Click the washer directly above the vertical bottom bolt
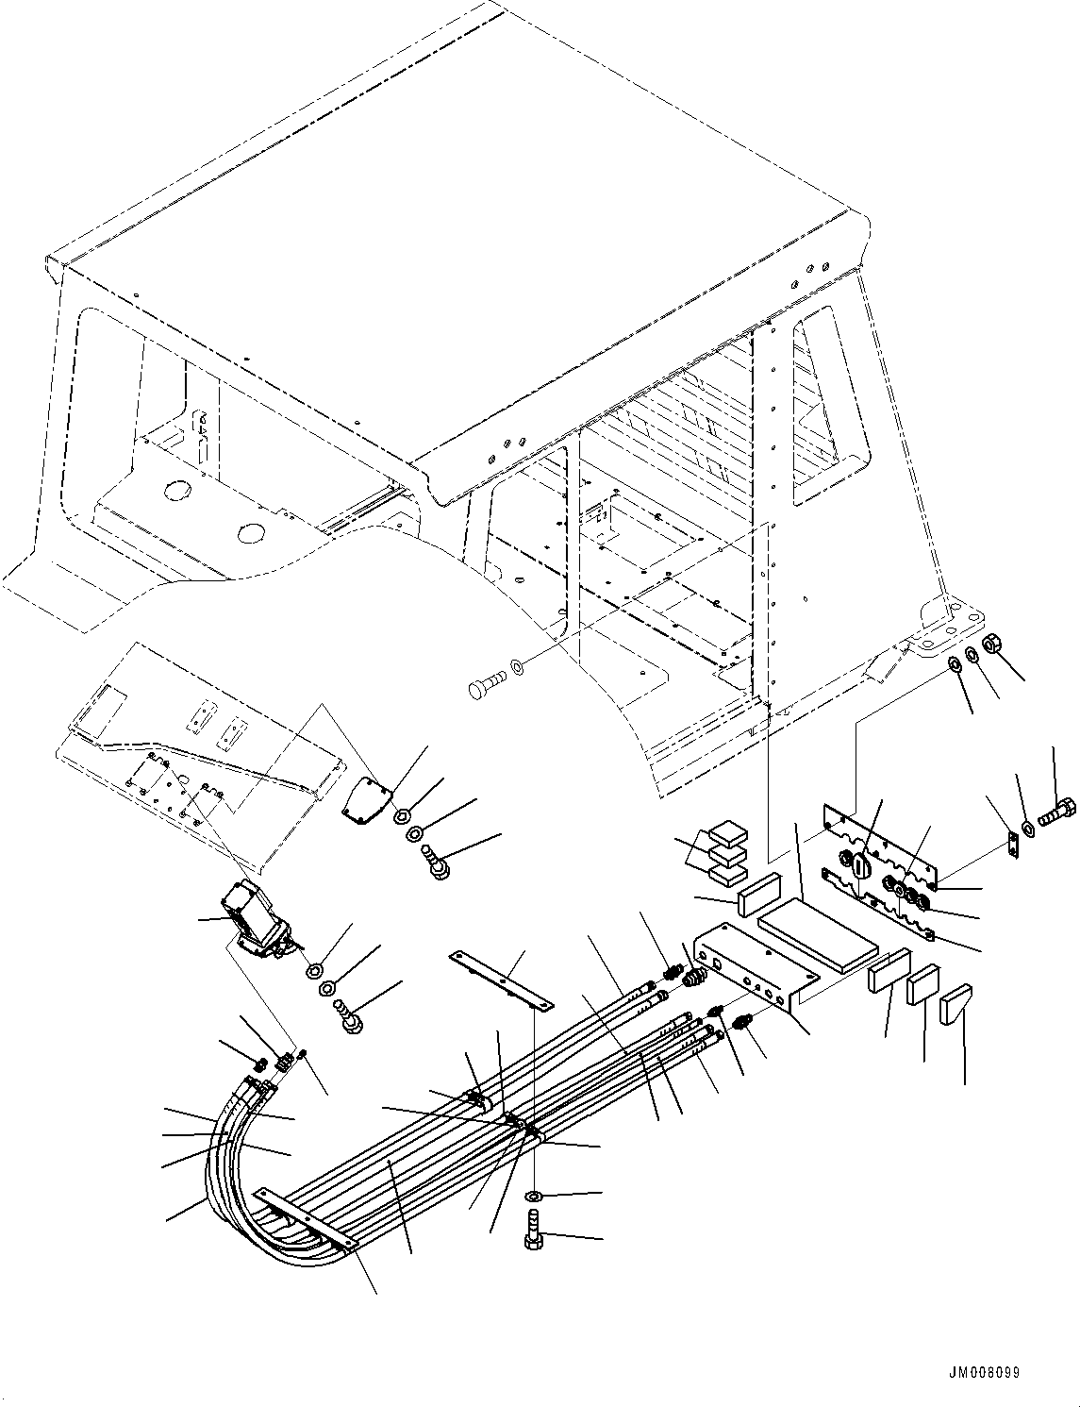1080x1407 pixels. pos(534,1197)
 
